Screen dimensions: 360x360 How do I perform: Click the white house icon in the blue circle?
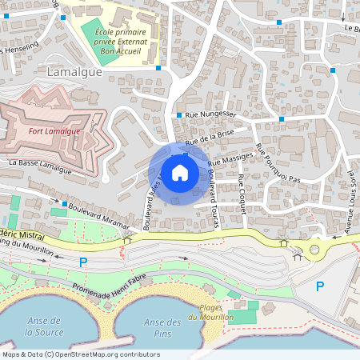pyautogui.click(x=180, y=172)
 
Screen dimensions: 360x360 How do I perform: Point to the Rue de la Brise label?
pyautogui.click(x=210, y=138)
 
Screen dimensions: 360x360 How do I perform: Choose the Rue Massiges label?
pyautogui.click(x=230, y=162)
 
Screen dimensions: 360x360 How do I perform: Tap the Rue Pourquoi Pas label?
pyautogui.click(x=276, y=164)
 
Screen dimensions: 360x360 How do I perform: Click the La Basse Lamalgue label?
pyautogui.click(x=40, y=166)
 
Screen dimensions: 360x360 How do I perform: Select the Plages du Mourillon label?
pyautogui.click(x=210, y=313)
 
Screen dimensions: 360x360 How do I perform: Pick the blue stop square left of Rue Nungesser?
pyautogui.click(x=178, y=115)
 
